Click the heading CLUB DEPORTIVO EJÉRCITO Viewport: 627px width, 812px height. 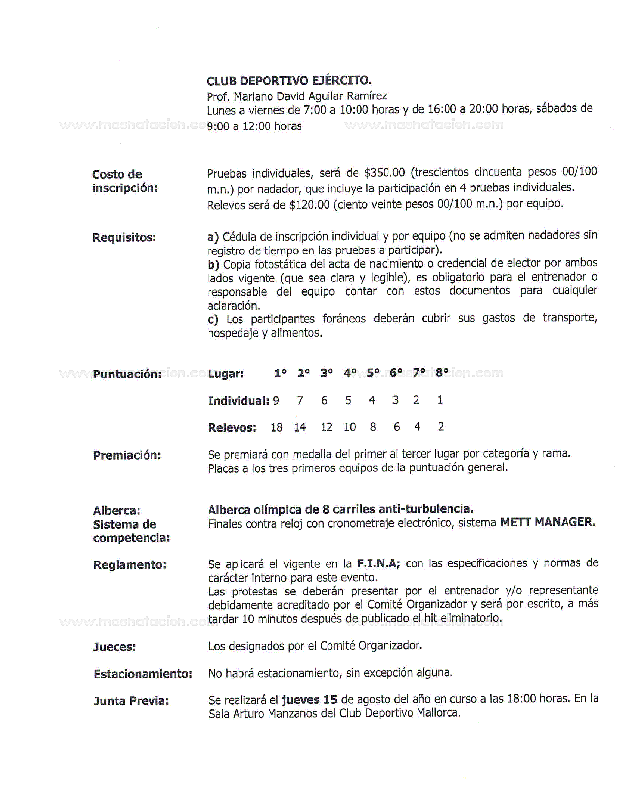click(x=289, y=81)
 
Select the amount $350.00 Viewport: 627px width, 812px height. click(x=384, y=173)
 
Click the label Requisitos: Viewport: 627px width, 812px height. click(x=124, y=238)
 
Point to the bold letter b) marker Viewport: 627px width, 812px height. click(x=213, y=264)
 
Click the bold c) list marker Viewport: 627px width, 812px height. click(x=213, y=320)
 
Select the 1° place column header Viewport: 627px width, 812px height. click(x=280, y=374)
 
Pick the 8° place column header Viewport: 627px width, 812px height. click(x=442, y=373)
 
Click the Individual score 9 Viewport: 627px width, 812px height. click(x=276, y=401)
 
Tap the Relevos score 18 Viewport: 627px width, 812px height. click(x=277, y=427)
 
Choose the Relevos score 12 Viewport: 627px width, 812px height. click(x=327, y=427)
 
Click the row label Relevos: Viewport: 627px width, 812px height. click(x=232, y=428)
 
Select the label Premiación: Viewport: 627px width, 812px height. click(x=127, y=455)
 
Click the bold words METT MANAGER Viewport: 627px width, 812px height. click(x=547, y=522)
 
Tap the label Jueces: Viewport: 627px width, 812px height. click(x=115, y=647)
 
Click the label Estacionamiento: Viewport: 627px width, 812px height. click(x=143, y=674)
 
